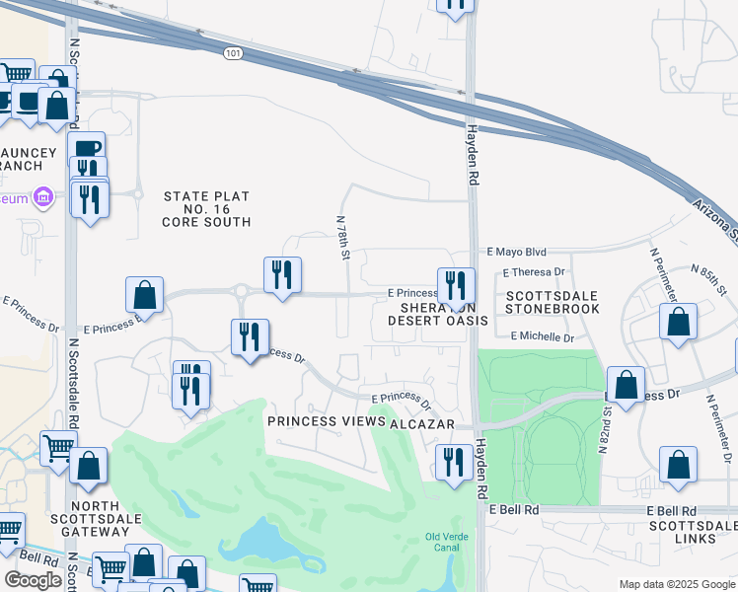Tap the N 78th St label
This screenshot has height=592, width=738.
[343, 240]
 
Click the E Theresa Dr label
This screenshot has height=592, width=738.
[534, 271]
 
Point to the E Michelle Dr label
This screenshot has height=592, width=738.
[543, 337]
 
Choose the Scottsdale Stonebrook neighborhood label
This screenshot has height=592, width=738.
[552, 302]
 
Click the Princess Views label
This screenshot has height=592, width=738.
[327, 422]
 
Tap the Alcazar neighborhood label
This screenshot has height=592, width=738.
[421, 423]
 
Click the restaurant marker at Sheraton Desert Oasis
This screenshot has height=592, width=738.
[456, 284]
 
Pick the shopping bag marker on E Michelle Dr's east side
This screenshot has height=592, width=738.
[678, 322]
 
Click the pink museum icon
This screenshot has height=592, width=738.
[41, 199]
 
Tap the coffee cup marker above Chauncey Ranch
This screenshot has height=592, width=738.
[86, 149]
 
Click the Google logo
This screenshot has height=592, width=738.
[33, 579]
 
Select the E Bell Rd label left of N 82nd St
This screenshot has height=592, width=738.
[515, 510]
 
